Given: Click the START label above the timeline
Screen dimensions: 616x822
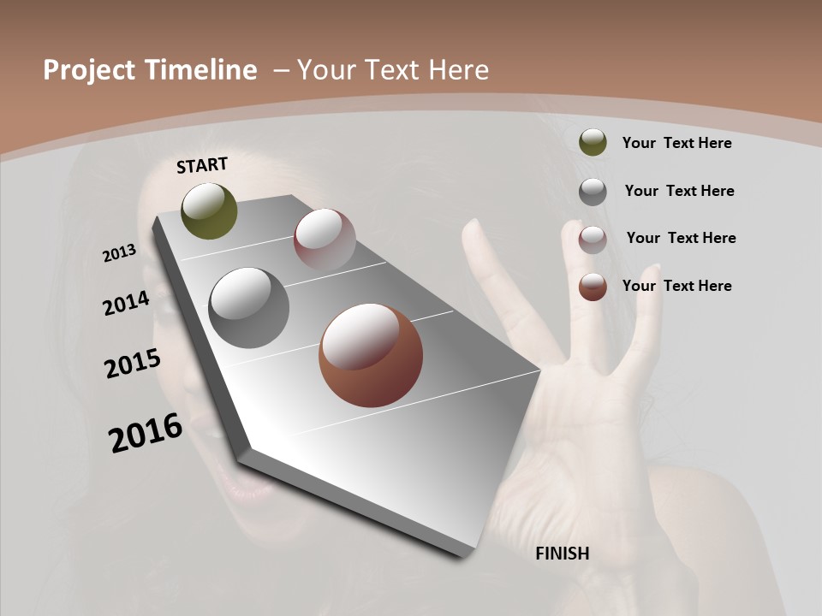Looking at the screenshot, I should pos(202,165).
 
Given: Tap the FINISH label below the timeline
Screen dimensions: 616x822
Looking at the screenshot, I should pos(562,554).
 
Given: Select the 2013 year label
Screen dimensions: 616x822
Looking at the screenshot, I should pos(120,253).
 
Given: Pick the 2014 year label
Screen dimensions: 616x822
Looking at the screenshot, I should pos(127,303).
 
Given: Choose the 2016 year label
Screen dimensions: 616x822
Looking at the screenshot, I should pos(146,432).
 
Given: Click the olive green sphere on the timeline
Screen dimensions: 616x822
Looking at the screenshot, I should pos(209,210).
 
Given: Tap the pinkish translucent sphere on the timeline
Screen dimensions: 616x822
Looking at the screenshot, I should pos(325,240).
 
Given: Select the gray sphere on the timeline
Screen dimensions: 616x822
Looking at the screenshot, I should pos(248,308).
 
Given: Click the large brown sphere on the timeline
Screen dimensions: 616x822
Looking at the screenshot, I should pos(370,355).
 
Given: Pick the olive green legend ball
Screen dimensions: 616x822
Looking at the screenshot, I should pos(593,143).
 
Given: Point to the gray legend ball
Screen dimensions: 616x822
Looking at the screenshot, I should pos(593,192).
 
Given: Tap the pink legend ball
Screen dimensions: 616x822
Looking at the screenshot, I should pos(593,240).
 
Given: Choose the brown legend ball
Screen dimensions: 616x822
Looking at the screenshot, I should pos(593,287).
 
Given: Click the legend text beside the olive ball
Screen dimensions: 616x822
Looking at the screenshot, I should pos(676,143).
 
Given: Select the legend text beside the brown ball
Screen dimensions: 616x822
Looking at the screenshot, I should pos(676,286).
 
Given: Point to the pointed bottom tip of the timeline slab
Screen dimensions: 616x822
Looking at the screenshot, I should pos(468,554).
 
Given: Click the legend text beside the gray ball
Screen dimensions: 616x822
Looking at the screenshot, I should pos(679,191).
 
